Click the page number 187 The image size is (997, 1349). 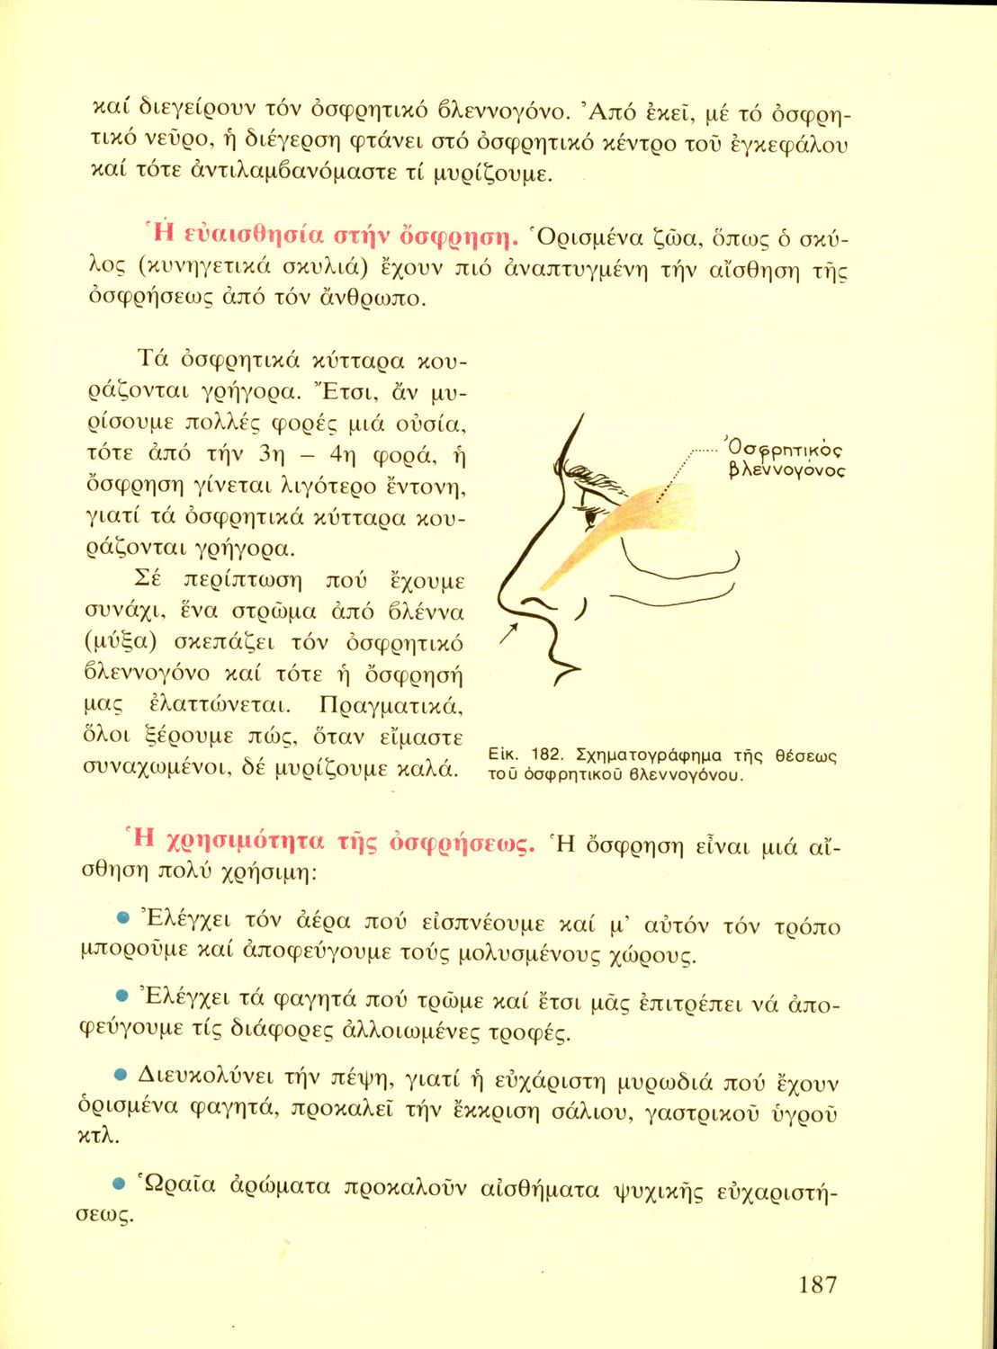tap(817, 1284)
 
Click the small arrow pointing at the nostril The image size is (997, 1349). tap(508, 637)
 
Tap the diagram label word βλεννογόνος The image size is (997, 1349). tap(786, 470)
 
